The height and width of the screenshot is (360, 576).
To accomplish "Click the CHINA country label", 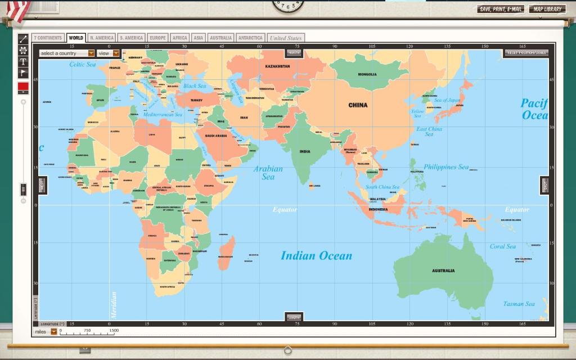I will (358, 105).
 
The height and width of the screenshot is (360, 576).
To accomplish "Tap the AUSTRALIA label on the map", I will (443, 271).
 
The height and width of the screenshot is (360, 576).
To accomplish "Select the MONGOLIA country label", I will (367, 74).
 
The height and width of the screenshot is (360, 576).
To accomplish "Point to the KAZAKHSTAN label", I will (277, 66).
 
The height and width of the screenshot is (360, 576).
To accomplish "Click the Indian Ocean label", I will (316, 256).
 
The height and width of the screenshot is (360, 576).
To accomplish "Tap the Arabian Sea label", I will (268, 173).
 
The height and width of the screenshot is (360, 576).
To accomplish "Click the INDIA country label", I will (305, 151).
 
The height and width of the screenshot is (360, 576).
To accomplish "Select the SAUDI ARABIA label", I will (215, 136).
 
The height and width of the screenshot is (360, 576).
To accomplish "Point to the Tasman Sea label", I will (519, 304).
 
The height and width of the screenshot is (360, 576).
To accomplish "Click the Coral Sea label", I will (502, 246).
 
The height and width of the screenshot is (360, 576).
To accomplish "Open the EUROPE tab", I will (157, 38).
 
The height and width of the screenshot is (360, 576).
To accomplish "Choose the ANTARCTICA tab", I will (250, 38).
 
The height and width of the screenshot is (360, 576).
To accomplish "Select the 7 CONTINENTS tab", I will (48, 38).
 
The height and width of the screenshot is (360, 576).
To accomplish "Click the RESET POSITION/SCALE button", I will (526, 53).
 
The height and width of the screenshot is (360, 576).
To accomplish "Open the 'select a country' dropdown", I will (67, 53).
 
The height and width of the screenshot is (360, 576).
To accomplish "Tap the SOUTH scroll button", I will (294, 317).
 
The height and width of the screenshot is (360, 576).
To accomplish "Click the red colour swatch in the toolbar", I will (23, 86).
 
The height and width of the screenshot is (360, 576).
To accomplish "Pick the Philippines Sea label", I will (446, 167).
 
